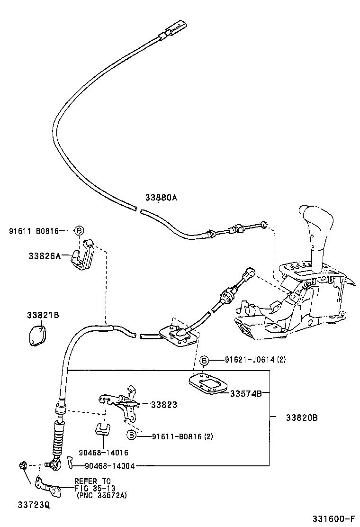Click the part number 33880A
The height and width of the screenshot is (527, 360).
161,198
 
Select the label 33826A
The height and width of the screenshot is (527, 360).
44,256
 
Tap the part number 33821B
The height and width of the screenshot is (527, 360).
43,315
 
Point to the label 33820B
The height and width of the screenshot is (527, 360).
301,418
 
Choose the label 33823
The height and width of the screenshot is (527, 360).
164,405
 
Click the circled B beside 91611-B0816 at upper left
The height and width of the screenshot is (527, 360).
79,231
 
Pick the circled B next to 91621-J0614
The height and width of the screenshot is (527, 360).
204,361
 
